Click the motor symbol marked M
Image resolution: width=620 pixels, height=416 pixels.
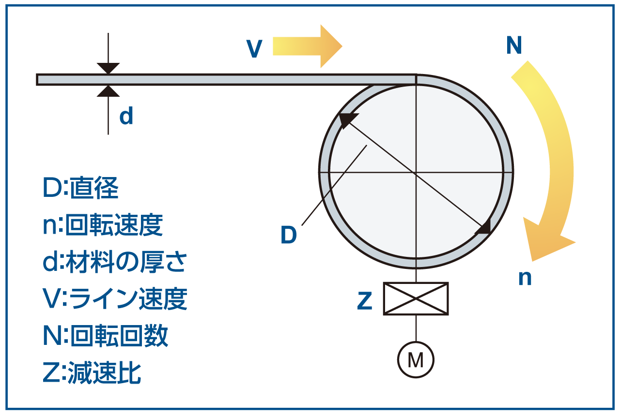pyautogui.click(x=416, y=360)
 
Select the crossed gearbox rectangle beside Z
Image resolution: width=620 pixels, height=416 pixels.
pyautogui.click(x=416, y=299)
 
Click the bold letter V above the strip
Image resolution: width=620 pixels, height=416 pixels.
pyautogui.click(x=254, y=49)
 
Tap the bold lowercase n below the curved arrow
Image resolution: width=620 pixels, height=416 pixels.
pyautogui.click(x=525, y=278)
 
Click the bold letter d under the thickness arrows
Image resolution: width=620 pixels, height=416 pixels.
pyautogui.click(x=126, y=117)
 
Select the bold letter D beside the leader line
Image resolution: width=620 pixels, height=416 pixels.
pyautogui.click(x=288, y=236)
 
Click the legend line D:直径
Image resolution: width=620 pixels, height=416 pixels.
pyautogui.click(x=80, y=189)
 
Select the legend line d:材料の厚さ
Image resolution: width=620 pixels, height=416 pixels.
pyautogui.click(x=114, y=262)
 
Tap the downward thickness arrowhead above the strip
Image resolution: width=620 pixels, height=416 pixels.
pyautogui.click(x=108, y=68)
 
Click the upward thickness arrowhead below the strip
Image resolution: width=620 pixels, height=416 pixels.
pyautogui.click(x=108, y=91)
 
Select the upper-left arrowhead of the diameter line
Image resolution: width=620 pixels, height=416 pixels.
pyautogui.click(x=347, y=119)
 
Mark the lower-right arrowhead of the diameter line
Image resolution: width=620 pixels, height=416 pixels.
pyautogui.click(x=484, y=227)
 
